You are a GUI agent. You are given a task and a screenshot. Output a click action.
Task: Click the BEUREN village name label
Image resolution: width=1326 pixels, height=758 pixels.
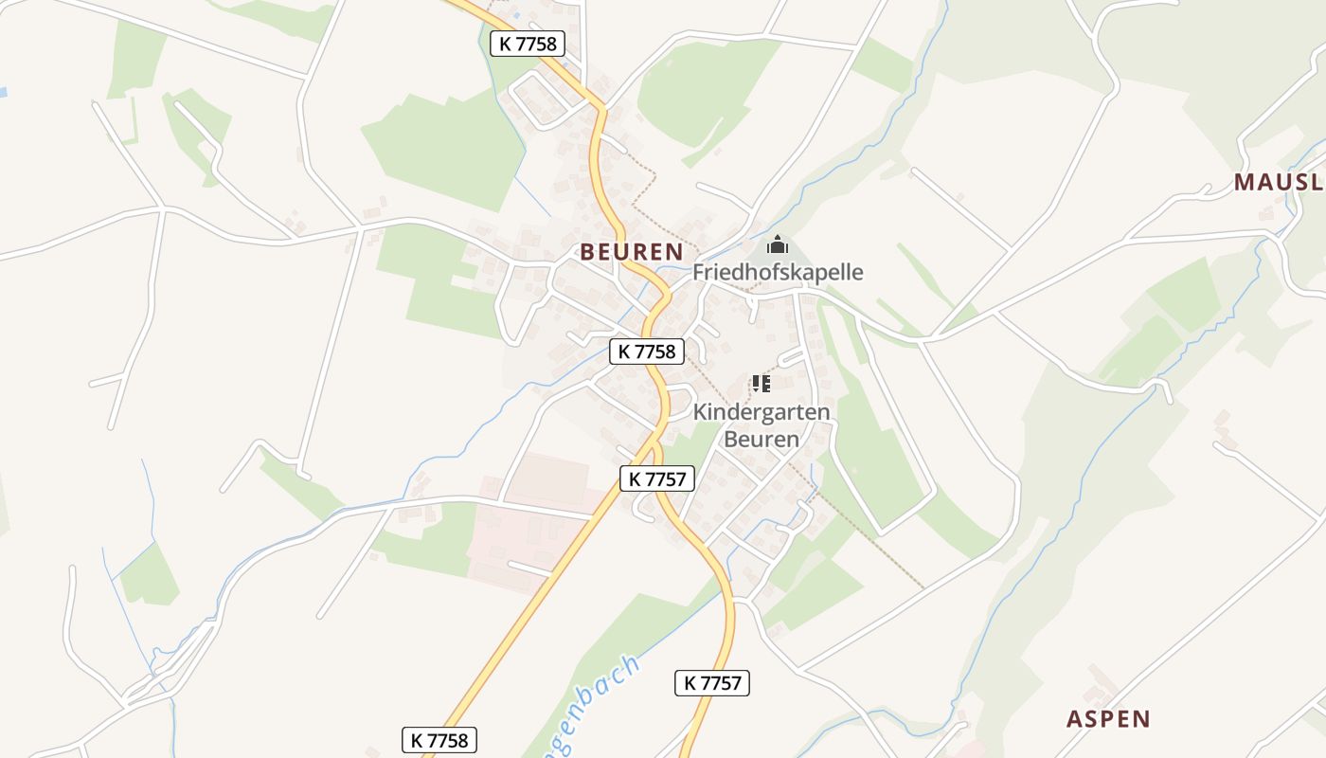[632, 251]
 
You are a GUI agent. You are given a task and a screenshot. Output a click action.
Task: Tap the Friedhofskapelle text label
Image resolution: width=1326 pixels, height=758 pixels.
[778, 272]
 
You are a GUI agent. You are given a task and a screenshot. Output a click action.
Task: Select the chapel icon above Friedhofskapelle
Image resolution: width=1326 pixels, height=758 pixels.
[778, 245]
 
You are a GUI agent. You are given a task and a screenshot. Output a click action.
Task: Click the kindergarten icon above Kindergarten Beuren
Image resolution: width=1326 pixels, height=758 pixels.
[762, 384]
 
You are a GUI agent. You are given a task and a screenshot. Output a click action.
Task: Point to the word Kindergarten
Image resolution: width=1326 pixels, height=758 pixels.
[762, 412]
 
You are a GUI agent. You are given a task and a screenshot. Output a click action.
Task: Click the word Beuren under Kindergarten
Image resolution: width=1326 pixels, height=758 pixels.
[762, 439]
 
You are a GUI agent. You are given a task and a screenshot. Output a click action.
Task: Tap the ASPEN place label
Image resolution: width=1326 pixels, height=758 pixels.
[1108, 718]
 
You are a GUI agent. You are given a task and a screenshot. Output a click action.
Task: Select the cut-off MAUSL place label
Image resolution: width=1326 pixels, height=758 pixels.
[1278, 183]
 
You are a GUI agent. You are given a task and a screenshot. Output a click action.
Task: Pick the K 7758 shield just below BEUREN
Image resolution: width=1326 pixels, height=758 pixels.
[647, 352]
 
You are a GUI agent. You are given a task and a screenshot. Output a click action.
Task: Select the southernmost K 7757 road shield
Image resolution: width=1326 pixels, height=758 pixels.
[712, 682]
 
